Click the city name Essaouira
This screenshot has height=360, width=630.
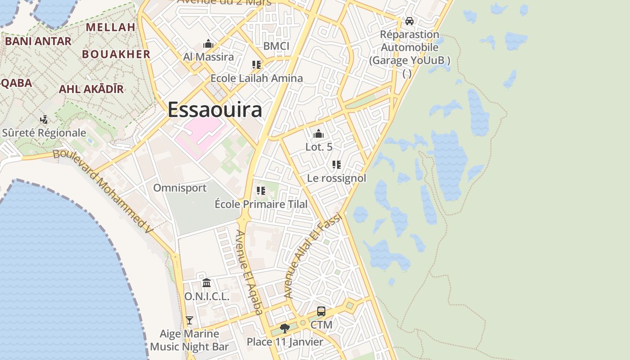[x=215, y=110]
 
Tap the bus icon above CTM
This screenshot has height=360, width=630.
[x=321, y=311]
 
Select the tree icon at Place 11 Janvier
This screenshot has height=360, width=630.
[x=284, y=328]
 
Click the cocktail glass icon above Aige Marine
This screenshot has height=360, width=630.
[x=189, y=320]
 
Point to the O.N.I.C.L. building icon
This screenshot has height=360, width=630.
[x=207, y=283]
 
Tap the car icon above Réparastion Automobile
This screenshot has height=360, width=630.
[x=409, y=21]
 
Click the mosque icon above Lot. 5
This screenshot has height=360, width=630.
[x=319, y=134]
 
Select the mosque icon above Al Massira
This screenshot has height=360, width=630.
[x=208, y=44]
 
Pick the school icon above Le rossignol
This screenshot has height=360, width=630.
[x=337, y=165]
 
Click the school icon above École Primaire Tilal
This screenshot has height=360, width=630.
[x=261, y=191]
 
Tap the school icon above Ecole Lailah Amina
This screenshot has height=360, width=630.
[x=256, y=65]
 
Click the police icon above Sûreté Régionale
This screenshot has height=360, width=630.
[x=44, y=120]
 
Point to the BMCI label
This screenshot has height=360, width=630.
[x=276, y=46]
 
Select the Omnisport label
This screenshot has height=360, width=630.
[x=180, y=188]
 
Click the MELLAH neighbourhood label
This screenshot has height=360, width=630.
[x=110, y=27]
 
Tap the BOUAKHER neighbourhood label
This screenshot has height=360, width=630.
[x=116, y=54]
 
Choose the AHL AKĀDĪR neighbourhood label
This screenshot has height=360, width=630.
[x=91, y=89]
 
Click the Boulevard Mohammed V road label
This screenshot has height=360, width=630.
[x=103, y=191]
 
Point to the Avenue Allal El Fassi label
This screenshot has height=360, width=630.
[x=314, y=255]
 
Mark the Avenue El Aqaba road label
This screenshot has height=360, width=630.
[x=249, y=272]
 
